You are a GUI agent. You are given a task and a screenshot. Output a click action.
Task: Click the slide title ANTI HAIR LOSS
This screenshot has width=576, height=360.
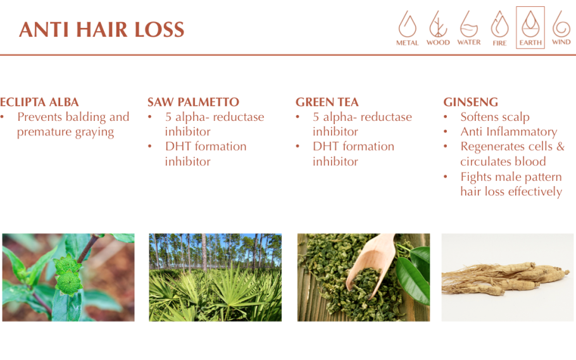coord(102,29)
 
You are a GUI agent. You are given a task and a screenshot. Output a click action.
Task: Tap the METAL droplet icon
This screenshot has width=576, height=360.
coord(408,24)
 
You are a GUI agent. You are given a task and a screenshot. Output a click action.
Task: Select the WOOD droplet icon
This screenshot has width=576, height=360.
coord(438,24)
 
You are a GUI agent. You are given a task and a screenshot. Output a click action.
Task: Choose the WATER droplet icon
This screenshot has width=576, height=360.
coord(469,24)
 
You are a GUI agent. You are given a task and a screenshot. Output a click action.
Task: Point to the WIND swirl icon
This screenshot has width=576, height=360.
coord(561,24)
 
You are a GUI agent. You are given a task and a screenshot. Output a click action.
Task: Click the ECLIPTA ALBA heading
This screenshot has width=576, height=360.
coord(39,102)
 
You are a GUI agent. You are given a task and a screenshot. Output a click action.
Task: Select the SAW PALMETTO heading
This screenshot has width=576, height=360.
coord(193,102)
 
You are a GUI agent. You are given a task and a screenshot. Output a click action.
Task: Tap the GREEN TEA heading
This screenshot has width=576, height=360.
coord(327,102)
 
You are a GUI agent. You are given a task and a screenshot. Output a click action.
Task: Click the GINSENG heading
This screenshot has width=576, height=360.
coord(470,102)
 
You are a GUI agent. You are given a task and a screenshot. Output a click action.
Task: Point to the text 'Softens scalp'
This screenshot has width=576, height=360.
coord(495,117)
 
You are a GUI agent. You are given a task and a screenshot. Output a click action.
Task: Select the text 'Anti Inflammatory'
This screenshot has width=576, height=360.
coord(509,132)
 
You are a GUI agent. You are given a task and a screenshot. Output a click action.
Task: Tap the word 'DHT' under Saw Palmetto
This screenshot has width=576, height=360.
coord(178,146)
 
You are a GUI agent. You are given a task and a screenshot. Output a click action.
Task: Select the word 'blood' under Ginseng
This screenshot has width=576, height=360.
coord(530,161)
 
